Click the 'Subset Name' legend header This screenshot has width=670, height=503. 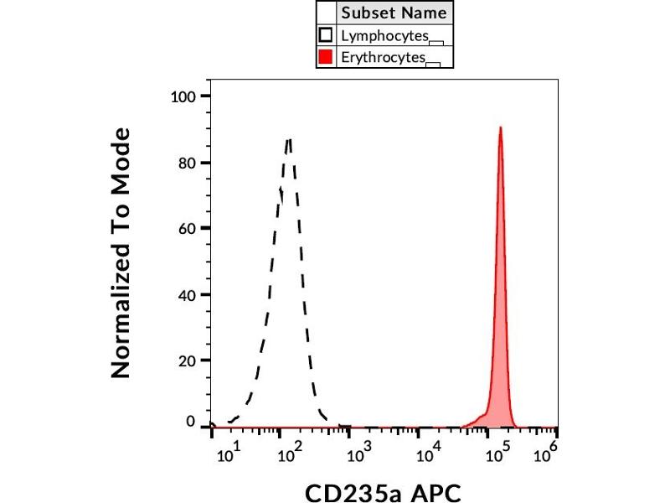pyautogui.click(x=394, y=13)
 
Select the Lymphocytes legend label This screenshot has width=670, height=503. pyautogui.click(x=384, y=35)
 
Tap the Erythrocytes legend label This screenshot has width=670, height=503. pyautogui.click(x=384, y=58)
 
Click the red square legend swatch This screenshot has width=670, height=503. pyautogui.click(x=326, y=58)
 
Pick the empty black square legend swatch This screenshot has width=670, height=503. pyautogui.click(x=326, y=35)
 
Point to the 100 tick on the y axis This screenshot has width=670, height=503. pyautogui.click(x=183, y=96)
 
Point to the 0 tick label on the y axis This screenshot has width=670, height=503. pyautogui.click(x=191, y=423)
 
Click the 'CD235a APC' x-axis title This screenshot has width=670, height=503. pyautogui.click(x=383, y=491)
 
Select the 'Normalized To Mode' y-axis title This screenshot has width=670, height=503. pyautogui.click(x=122, y=252)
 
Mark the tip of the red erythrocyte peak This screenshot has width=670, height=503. pyautogui.click(x=500, y=127)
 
